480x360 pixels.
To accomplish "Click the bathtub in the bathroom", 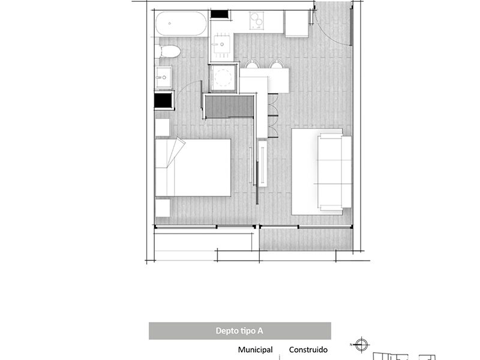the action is [x=181, y=23].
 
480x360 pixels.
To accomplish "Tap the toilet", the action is [x=168, y=52].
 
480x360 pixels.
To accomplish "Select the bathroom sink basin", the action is [x=163, y=77].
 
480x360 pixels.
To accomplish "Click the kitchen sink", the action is [x=221, y=44].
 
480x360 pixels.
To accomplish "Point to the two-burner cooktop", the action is [x=257, y=20].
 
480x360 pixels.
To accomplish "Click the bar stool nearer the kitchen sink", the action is [x=252, y=64].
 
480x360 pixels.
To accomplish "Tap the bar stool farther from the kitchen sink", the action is [x=277, y=64].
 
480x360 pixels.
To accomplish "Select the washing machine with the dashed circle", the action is [x=223, y=78].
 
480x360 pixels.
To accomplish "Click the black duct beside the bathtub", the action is [x=220, y=14].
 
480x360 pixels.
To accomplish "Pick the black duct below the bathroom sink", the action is [x=163, y=100].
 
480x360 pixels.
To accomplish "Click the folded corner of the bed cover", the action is [x=176, y=152].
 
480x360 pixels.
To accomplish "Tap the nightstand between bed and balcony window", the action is [x=163, y=208].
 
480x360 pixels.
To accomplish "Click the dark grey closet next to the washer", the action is [x=229, y=107].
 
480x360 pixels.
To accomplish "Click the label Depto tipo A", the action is [x=239, y=331].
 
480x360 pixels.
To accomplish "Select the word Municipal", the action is [x=256, y=350].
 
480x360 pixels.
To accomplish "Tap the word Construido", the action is [x=308, y=350].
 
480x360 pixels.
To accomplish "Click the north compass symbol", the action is [x=361, y=344].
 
